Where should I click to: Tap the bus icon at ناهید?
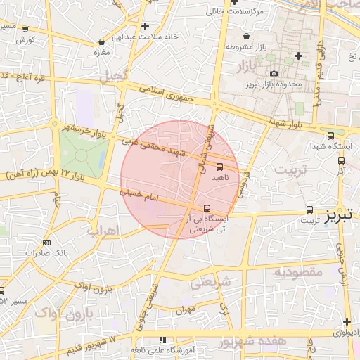click(x=220, y=167)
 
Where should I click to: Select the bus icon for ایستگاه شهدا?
click(x=331, y=136)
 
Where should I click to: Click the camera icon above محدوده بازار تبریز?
click(x=274, y=73)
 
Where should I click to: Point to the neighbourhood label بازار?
click(x=241, y=67)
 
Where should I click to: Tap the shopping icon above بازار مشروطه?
click(x=245, y=36)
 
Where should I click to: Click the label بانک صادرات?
click(x=39, y=251)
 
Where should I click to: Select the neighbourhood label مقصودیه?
click(x=297, y=271)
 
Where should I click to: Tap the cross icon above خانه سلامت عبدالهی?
click(x=144, y=27)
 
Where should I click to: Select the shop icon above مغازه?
click(x=102, y=41)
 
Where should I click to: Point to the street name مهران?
click(x=186, y=309)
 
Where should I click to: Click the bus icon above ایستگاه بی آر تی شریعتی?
click(x=207, y=208)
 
